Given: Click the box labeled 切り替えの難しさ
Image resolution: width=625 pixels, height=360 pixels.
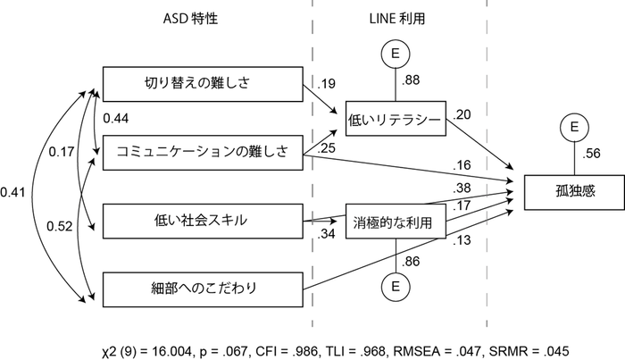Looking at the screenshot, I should point(202,85).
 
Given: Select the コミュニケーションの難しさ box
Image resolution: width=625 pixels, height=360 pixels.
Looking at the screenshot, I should point(202,152).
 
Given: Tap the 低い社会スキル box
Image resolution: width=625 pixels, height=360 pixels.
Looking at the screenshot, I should point(202,221).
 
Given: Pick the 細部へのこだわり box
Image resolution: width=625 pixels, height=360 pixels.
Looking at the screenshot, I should point(202,289).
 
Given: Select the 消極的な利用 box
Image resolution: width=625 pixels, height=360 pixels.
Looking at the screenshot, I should point(393,223).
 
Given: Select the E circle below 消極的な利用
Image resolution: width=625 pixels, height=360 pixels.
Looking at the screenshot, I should point(393,288).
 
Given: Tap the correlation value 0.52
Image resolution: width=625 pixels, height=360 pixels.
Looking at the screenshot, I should point(59,227).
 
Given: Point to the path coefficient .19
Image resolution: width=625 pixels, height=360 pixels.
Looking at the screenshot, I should point(327,84).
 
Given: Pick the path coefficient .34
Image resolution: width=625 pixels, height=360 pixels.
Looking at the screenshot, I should point(327,235).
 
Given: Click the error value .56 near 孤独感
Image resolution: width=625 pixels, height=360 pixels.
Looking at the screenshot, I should point(592,153).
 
